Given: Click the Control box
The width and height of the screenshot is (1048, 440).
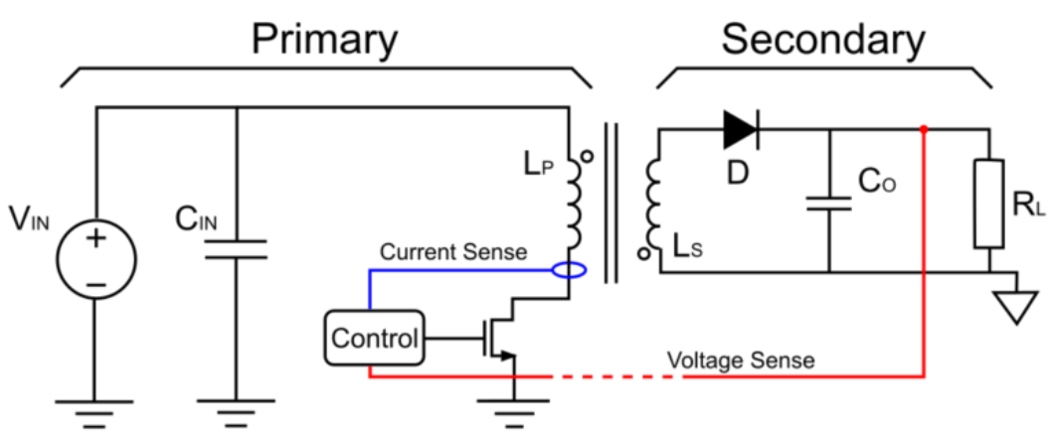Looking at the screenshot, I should point(374,339).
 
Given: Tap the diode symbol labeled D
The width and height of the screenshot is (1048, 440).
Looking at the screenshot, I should point(740,128).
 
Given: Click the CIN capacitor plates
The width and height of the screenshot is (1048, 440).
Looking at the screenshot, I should point(236,248).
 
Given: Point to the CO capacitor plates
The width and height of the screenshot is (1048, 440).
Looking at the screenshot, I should point(828,204).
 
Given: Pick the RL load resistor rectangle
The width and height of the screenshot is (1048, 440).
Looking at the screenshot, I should point(989,204).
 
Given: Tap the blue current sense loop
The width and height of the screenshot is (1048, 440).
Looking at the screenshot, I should point(569,270).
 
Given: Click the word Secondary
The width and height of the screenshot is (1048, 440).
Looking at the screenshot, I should point(822,40).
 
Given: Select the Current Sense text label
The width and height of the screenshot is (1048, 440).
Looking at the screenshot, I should point(453,252).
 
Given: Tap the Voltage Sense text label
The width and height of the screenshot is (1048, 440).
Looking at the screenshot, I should point(740,360).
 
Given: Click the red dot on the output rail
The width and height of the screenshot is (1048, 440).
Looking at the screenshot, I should point(925,129).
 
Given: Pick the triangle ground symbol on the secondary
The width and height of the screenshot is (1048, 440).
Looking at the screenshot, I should point(1013,306).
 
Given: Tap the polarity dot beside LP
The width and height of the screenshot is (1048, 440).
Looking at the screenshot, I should point(587,156).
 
